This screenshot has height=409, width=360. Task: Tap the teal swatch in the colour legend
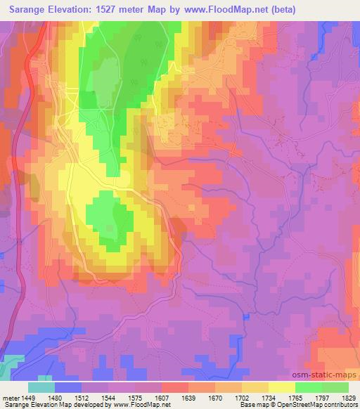41,387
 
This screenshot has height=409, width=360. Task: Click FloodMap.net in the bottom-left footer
150,405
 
